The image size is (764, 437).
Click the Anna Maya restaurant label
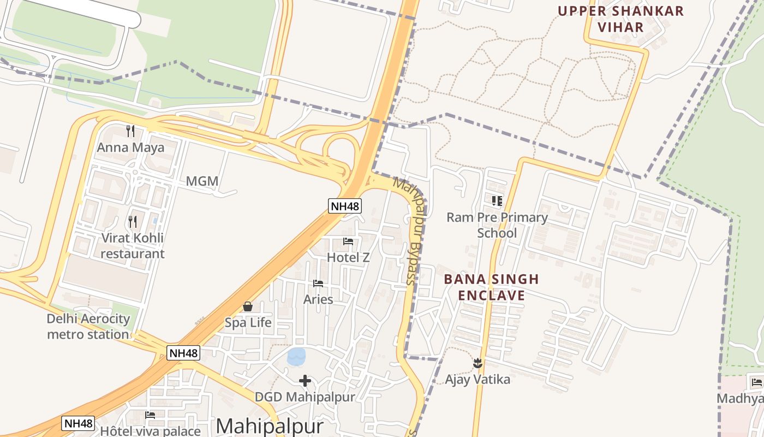click(x=130, y=147)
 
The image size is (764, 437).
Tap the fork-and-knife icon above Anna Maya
click(x=130, y=131)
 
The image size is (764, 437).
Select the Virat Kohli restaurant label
click(x=132, y=246)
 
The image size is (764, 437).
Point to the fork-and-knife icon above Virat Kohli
click(x=133, y=221)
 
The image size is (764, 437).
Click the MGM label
click(x=202, y=181)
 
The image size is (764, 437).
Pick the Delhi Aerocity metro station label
click(x=88, y=327)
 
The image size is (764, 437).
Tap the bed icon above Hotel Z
click(x=348, y=241)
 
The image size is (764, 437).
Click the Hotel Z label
click(x=348, y=257)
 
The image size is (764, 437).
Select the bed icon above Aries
click(x=318, y=283)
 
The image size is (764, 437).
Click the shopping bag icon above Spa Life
click(x=248, y=306)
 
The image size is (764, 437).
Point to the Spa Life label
click(x=248, y=322)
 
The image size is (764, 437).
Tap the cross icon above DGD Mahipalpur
click(x=305, y=381)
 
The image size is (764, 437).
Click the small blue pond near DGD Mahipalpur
click(x=296, y=357)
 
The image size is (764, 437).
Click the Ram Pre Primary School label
click(x=497, y=225)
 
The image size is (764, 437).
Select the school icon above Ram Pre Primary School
click(x=497, y=201)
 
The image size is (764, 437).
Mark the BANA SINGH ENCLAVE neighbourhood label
click(x=491, y=287)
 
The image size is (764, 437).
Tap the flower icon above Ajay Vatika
click(x=477, y=362)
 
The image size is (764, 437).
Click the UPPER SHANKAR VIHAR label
click(x=620, y=19)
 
